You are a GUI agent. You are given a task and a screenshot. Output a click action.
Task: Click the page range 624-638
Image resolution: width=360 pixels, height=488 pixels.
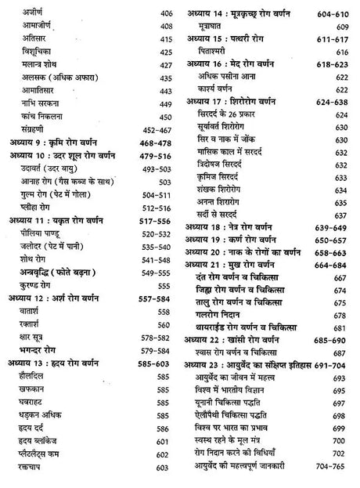pyautogui.click(x=333, y=101)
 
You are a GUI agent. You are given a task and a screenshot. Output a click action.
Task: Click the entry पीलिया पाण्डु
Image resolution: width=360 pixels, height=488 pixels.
pyautogui.click(x=48, y=233)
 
